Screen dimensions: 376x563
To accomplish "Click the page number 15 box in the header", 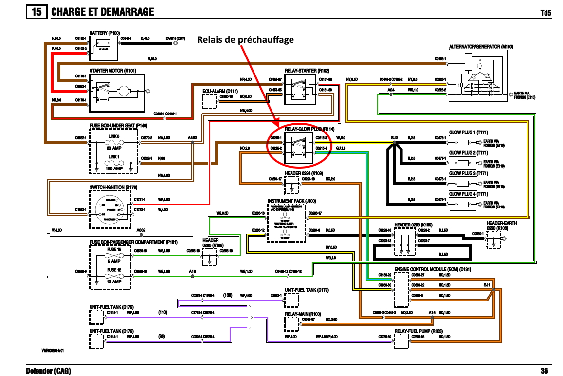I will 36,12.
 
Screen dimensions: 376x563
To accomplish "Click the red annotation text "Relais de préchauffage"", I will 245,39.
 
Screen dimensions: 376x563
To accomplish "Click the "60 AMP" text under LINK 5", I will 114,148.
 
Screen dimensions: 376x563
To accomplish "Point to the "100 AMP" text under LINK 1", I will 114,168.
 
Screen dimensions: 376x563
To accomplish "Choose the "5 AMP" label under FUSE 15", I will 114,261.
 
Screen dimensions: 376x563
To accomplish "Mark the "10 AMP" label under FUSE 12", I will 114,282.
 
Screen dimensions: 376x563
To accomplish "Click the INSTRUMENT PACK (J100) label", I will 291,201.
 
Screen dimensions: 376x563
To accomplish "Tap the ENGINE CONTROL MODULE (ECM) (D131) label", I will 433,269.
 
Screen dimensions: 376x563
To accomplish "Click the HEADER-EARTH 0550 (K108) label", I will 502,226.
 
